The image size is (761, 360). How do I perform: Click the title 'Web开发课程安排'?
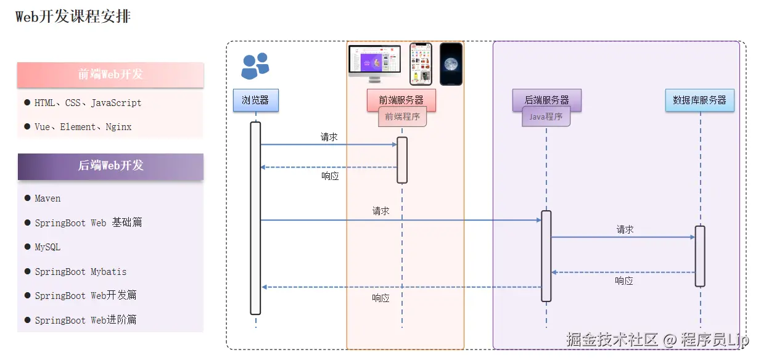coord(73,17)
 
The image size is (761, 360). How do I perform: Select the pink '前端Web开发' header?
coord(110,75)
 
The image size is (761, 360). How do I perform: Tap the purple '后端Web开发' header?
coord(110,166)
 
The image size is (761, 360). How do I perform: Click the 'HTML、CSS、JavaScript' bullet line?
coord(88,103)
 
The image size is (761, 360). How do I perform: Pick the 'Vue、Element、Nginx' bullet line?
coord(83,127)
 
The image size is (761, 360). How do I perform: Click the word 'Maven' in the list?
coord(47,198)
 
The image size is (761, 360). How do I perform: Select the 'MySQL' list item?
coord(47,247)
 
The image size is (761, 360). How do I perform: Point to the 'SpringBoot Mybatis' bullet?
coord(80,272)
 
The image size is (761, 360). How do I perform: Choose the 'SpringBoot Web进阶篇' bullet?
coord(85,320)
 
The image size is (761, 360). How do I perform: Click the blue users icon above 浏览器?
coord(255,66)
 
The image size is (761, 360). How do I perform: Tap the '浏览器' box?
coord(255,100)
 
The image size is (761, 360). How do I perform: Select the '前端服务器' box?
coord(401,100)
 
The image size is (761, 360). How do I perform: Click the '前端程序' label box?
coord(402,117)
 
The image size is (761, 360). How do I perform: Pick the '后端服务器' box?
coord(546,100)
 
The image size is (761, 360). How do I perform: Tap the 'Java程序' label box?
coord(546,117)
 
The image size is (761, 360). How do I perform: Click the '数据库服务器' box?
coord(699,100)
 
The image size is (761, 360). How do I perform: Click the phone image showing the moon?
coord(451,64)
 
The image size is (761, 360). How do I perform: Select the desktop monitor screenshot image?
coord(374,62)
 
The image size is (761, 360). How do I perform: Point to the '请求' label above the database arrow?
coord(625,229)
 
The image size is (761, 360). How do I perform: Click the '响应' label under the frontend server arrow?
coord(330,176)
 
